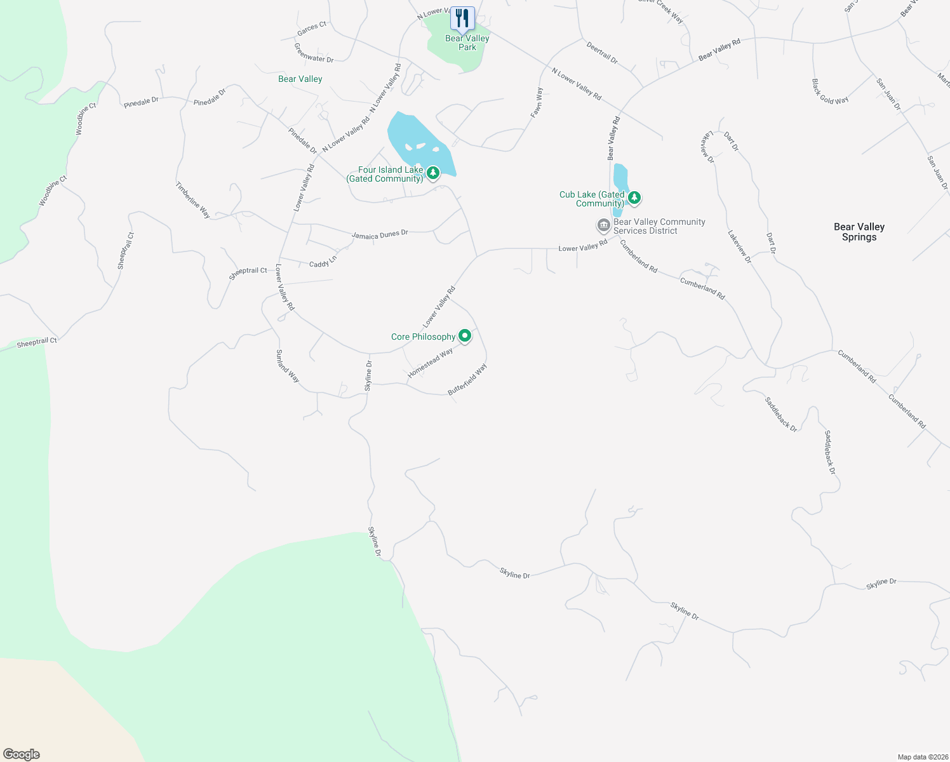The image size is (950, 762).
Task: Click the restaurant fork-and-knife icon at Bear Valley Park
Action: [462, 18]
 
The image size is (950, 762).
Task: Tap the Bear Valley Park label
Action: [467, 43]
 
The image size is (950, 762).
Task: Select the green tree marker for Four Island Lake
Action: [433, 173]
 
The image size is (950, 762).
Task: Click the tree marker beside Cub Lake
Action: [634, 198]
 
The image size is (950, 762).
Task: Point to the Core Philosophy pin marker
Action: [465, 336]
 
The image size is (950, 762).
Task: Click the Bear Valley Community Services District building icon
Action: [603, 225]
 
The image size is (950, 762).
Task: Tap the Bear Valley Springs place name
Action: [859, 232]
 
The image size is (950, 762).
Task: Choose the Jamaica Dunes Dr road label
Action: [380, 235]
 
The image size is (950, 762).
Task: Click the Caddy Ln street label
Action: [323, 262]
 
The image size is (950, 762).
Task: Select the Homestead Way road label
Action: [430, 363]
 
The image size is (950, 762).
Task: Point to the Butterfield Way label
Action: [467, 380]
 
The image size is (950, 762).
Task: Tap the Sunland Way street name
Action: [287, 366]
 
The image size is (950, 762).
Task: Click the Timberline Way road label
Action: [192, 200]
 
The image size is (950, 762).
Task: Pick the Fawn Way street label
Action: [537, 102]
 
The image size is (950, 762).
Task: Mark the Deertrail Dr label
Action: [602, 53]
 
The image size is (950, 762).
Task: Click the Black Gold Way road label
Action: [830, 91]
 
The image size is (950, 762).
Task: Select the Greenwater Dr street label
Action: [314, 53]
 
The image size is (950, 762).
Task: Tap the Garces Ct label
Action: [312, 29]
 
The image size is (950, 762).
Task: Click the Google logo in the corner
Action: [22, 754]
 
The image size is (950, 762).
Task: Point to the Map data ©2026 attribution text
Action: [923, 757]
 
